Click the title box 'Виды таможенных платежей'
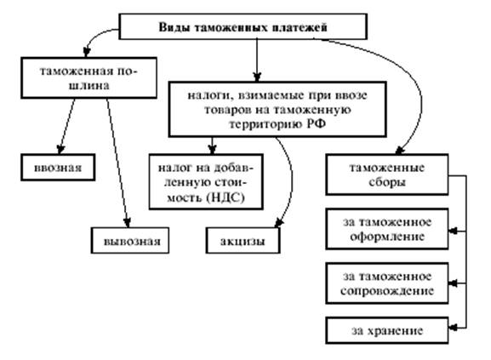click(x=243, y=26)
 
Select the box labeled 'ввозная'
click(x=58, y=168)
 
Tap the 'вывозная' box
click(x=130, y=240)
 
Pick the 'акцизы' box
click(x=243, y=240)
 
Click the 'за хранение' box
click(x=387, y=330)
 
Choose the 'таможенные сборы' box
click(x=387, y=174)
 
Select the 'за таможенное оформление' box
click(x=387, y=229)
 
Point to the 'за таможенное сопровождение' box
click(x=387, y=283)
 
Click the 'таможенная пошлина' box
click(x=89, y=78)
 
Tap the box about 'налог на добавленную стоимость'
click(x=206, y=181)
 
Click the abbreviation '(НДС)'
click(x=226, y=197)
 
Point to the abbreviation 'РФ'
click(x=316, y=124)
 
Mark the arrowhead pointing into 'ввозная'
click(x=60, y=149)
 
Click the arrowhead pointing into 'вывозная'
click(x=127, y=223)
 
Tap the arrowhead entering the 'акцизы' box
click(x=279, y=223)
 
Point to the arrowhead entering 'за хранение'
click(x=453, y=328)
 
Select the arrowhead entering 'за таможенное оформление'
click(x=453, y=231)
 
